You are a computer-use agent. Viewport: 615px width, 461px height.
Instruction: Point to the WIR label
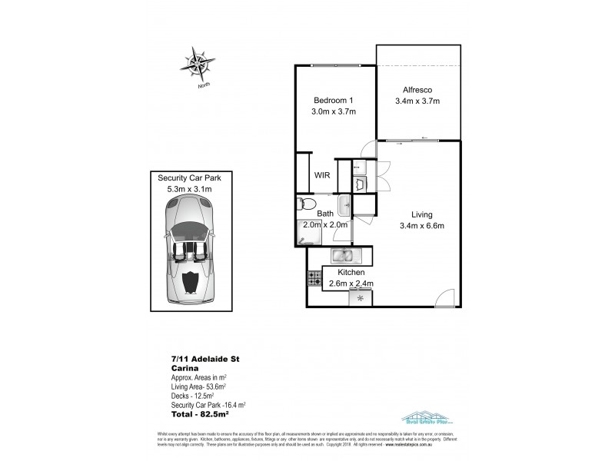pyautogui.click(x=323, y=174)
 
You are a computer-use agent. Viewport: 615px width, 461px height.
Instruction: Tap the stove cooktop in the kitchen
pyautogui.click(x=314, y=278)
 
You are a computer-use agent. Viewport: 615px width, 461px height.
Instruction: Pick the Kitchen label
pyautogui.click(x=345, y=273)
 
